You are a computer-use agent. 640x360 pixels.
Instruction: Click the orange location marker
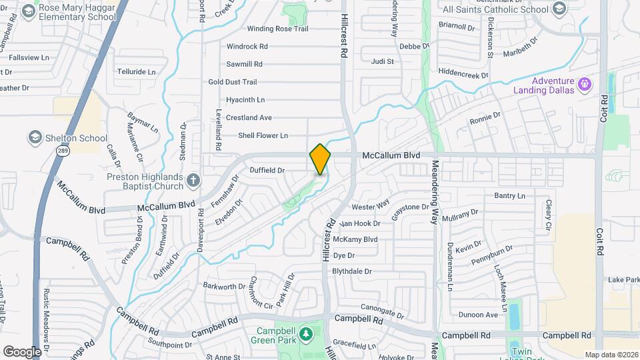tap(320, 159)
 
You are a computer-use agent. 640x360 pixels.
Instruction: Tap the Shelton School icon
tap(34, 138)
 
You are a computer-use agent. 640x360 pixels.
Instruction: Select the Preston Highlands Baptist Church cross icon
tap(193, 180)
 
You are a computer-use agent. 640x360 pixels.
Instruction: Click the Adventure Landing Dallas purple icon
tap(585, 84)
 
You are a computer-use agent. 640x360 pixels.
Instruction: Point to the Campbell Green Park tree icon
tap(306, 333)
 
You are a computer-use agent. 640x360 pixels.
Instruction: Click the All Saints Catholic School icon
tap(559, 9)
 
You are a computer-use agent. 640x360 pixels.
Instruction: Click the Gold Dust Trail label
tap(232, 82)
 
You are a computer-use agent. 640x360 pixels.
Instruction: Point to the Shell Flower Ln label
tap(263, 135)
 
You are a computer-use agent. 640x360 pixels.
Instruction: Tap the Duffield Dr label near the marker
tap(267, 171)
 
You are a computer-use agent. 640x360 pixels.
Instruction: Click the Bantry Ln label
tap(509, 195)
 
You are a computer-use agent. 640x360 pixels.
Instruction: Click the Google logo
tap(22, 351)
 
